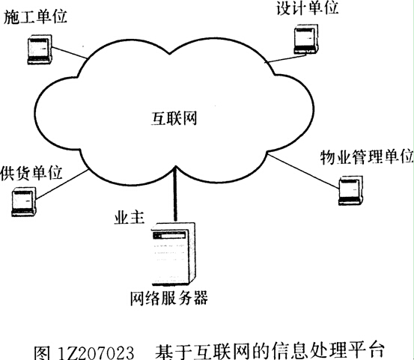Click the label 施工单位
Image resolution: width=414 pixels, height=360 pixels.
coord(35,17)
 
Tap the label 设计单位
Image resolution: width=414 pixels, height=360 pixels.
coord(308,8)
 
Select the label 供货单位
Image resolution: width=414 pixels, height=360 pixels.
coord(31,173)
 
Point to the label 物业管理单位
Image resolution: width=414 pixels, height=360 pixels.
coord(367,157)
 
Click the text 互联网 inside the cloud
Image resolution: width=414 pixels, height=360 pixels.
coord(174,119)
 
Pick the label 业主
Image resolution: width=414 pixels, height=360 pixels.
coord(130,219)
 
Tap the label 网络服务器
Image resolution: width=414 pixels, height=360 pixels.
coord(169,298)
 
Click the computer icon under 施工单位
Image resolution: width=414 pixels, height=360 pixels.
coord(40,49)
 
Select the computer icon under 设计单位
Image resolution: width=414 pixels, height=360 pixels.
coord(306,40)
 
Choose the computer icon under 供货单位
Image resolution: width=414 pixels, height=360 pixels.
coord(24,202)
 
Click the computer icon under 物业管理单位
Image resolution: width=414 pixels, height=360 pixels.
coord(350,191)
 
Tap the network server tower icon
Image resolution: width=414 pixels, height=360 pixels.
coord(174,254)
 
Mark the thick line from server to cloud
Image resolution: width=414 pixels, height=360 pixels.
coord(174,193)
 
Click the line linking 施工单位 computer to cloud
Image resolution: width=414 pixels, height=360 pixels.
coord(69,52)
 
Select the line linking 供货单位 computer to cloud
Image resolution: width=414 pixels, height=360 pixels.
coord(62,184)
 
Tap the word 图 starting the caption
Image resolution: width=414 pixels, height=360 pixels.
coord(42,353)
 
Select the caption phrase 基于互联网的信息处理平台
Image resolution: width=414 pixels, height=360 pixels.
coord(270,351)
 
